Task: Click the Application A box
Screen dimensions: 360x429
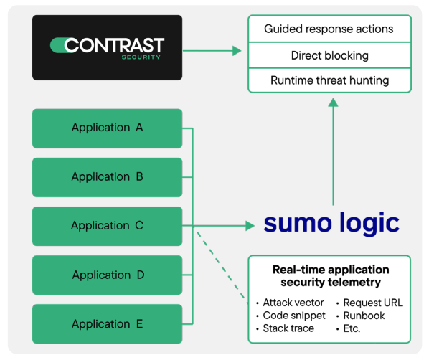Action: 107,128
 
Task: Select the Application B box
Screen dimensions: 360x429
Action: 107,176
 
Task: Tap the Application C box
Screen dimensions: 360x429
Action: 107,226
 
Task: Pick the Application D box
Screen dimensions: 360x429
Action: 107,275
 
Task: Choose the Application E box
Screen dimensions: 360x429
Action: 107,324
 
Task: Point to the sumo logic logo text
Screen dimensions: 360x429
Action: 331,222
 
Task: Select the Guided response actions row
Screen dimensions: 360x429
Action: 329,29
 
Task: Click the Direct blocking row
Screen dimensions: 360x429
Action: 329,55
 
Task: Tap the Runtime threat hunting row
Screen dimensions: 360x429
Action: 329,80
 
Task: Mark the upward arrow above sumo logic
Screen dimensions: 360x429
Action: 333,151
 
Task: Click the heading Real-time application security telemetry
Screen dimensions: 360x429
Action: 330,276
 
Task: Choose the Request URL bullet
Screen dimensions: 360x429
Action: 372,303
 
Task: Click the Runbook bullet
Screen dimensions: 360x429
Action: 364,316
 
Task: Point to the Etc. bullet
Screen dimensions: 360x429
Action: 352,328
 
